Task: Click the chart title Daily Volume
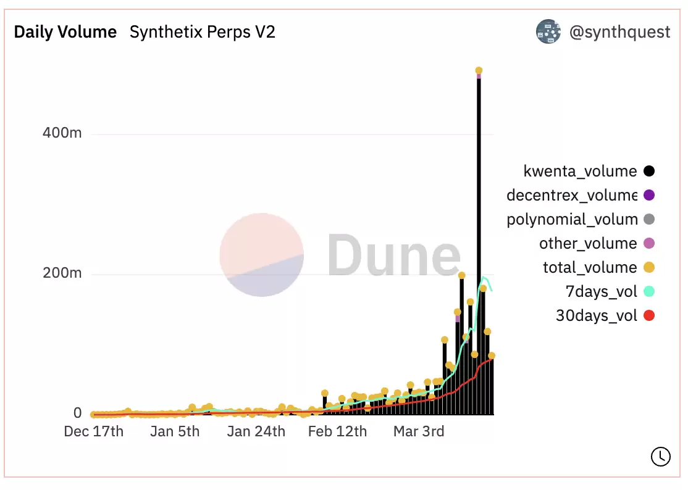click(65, 32)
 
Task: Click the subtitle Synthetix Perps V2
click(202, 32)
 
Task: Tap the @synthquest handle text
click(619, 32)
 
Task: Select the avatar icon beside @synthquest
click(548, 31)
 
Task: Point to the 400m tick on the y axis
click(62, 134)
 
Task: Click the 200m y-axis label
click(62, 274)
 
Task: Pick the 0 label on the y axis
click(77, 413)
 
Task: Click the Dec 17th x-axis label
click(94, 431)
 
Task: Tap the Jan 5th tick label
click(175, 431)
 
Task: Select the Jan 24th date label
click(256, 431)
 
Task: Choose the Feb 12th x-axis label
click(337, 431)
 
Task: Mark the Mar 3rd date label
click(419, 431)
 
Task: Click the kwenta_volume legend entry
click(580, 172)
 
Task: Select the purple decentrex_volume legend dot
click(648, 196)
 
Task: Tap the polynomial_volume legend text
click(572, 220)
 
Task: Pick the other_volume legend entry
click(588, 244)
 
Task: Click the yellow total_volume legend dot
click(648, 268)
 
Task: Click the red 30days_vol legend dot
click(648, 316)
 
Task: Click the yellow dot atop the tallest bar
click(479, 71)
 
